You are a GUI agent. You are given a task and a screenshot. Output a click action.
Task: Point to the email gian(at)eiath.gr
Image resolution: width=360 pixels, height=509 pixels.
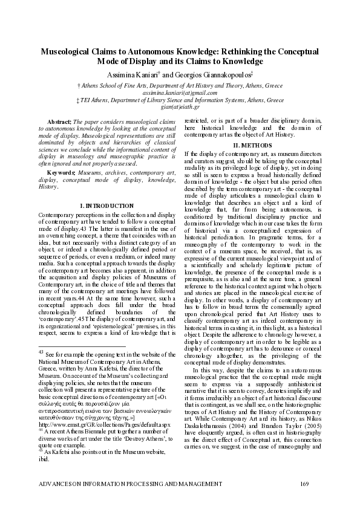click(180, 106)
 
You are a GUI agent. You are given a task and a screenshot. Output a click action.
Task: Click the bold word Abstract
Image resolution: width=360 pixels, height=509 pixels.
click(59, 123)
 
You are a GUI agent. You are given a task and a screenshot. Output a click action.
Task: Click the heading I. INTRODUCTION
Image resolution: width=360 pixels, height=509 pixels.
click(106, 206)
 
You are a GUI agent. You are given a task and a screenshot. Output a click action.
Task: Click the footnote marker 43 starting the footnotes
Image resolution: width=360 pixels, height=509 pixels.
click(41, 351)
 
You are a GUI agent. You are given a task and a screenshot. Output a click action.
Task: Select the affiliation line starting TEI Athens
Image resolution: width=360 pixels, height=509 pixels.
click(180, 100)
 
